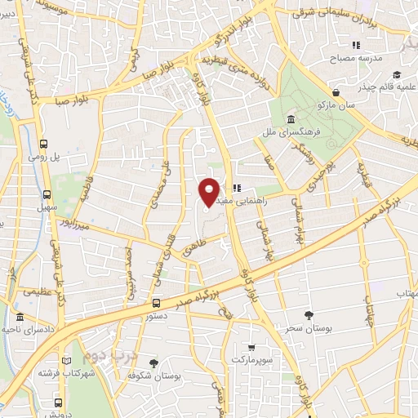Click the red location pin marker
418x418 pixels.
(x=209, y=191)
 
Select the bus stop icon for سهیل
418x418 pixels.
(x=47, y=195)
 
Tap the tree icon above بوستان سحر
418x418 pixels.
(x=307, y=315)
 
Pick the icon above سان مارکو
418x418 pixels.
(x=336, y=91)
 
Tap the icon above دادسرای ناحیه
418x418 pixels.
(x=20, y=317)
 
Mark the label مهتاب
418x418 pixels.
(x=406, y=293)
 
